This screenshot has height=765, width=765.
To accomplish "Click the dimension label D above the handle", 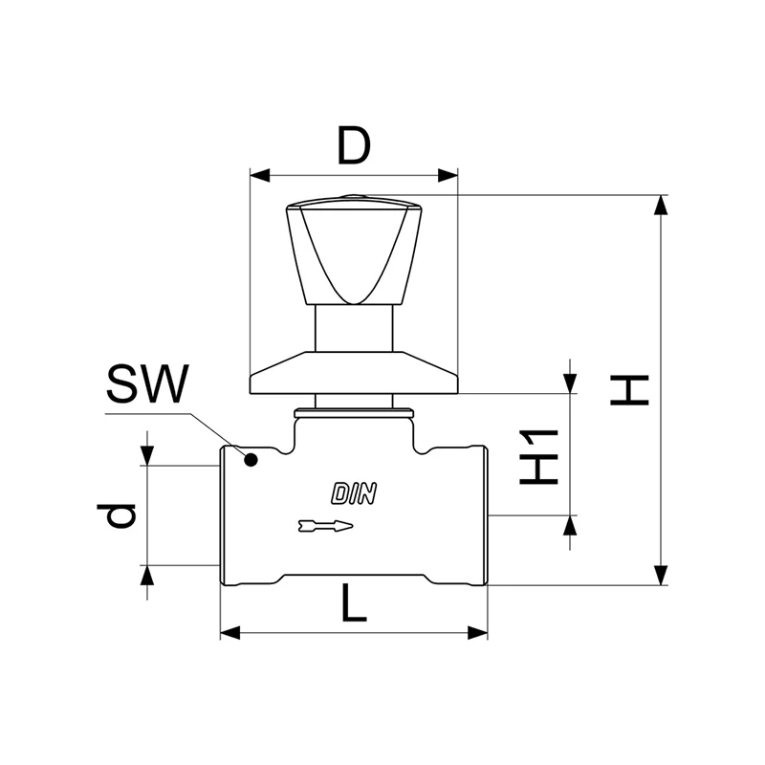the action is click(354, 145).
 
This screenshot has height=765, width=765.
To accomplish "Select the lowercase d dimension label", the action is click(116, 516).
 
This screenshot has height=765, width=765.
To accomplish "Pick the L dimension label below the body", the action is click(354, 603).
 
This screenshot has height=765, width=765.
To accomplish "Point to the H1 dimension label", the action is click(538, 457).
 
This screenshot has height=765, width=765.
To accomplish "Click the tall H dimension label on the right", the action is click(629, 390).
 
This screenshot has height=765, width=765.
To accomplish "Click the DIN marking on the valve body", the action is click(354, 493).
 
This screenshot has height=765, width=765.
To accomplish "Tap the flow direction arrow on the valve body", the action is click(325, 525).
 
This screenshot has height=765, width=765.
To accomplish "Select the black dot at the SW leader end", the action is click(251, 460).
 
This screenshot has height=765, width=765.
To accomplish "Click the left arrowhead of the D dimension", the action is click(259, 176).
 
